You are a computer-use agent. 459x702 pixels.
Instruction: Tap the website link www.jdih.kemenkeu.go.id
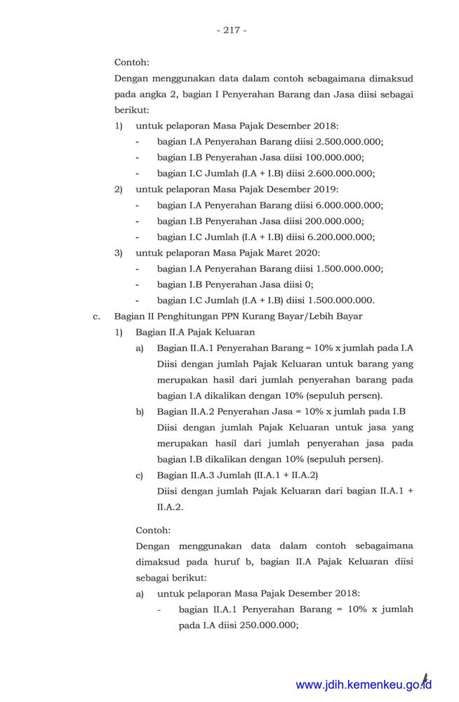[x=363, y=684]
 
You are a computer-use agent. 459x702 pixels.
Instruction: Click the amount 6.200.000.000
[x=342, y=237]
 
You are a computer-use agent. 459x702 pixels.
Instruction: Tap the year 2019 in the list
[x=326, y=189]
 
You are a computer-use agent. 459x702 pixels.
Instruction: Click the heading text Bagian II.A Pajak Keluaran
[x=195, y=332]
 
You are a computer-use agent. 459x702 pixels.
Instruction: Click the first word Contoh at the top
[x=131, y=62]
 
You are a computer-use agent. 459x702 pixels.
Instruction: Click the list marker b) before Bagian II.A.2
[x=140, y=411]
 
